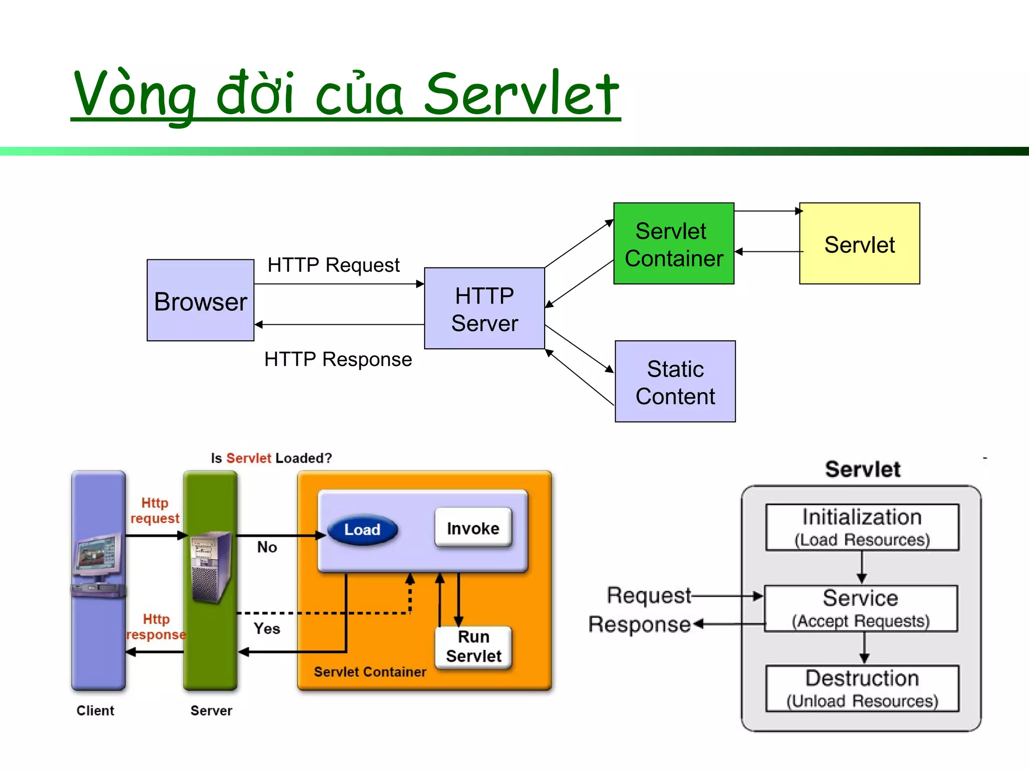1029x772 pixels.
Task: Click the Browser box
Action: (x=200, y=300)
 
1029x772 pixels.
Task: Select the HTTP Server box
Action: (x=484, y=308)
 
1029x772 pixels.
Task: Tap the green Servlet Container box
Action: (x=673, y=244)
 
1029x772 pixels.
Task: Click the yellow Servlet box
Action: (x=859, y=244)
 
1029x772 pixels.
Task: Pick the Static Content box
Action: (x=675, y=381)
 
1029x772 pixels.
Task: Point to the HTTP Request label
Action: (x=333, y=265)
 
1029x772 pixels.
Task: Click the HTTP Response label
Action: (x=338, y=359)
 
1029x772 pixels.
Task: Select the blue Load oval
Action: (x=362, y=530)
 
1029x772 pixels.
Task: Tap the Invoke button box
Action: (x=473, y=528)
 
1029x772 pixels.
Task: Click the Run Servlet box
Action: (x=473, y=647)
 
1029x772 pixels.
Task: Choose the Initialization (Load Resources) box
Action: (x=862, y=527)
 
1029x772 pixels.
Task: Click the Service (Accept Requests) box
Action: (x=861, y=608)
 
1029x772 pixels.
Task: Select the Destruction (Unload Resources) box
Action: (x=862, y=688)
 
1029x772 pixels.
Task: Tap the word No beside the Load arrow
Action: (x=267, y=547)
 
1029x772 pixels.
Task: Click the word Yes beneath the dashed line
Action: (x=266, y=628)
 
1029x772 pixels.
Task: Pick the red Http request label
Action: (x=155, y=510)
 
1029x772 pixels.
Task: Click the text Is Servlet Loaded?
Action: (x=271, y=458)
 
